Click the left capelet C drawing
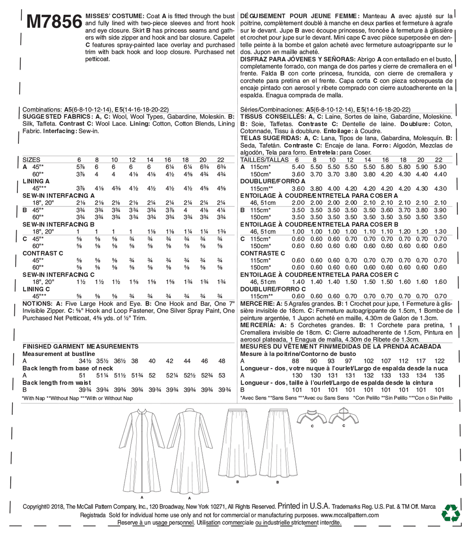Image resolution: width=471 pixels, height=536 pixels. tap(312, 416)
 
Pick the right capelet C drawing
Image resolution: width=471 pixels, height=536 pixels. tap(343, 416)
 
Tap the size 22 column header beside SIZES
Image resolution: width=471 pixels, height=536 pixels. tap(220, 158)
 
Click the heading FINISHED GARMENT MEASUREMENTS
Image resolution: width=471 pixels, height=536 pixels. tap(80, 346)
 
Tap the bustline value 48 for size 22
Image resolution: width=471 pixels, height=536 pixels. tap(222, 361)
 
